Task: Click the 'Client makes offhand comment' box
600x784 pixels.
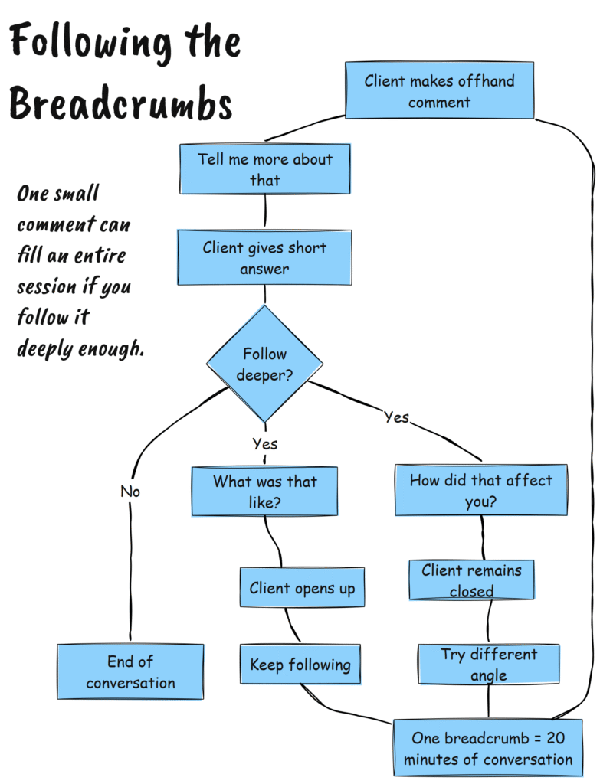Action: [x=439, y=90]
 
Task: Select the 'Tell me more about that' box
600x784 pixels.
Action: [x=265, y=169]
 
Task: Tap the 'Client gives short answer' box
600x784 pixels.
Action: [x=264, y=258]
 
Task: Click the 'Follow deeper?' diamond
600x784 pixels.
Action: [x=265, y=364]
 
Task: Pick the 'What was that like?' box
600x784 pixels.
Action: [x=264, y=492]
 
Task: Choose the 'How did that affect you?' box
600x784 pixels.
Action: [x=480, y=491]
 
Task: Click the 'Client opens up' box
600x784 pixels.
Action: [x=302, y=588]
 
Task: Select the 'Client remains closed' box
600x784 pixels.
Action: [x=471, y=580]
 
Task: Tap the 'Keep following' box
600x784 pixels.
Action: [x=300, y=665]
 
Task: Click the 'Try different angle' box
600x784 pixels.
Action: [x=489, y=665]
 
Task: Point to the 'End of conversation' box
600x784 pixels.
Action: [x=130, y=671]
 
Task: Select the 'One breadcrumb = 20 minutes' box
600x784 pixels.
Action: [x=488, y=748]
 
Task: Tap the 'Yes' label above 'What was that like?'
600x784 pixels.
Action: [x=265, y=443]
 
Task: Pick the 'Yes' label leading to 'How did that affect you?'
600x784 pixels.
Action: [x=396, y=417]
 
